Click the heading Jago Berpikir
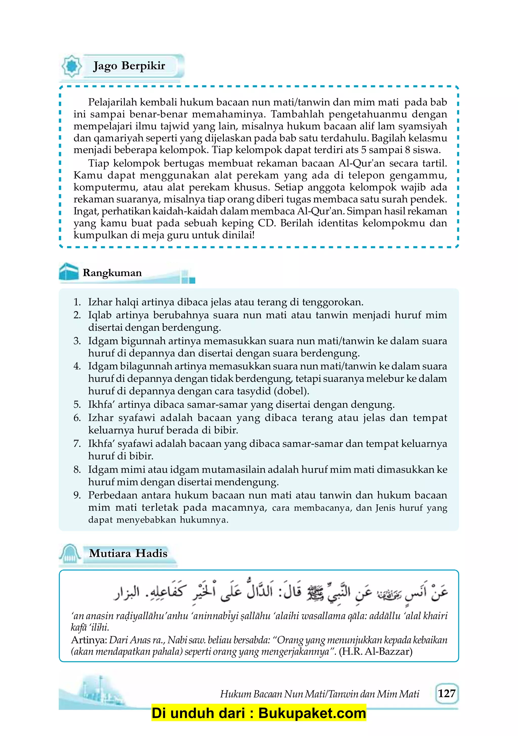[x=129, y=66]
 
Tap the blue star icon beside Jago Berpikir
[x=72, y=66]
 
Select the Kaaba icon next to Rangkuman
[x=69, y=272]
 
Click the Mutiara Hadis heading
[x=128, y=553]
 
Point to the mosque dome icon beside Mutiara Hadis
[x=70, y=554]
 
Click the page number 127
[x=446, y=693]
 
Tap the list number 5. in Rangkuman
[x=77, y=404]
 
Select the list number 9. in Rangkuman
[x=77, y=495]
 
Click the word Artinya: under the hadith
[x=89, y=640]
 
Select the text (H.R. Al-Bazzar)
[x=375, y=652]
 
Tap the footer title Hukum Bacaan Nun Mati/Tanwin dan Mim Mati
[x=319, y=694]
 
